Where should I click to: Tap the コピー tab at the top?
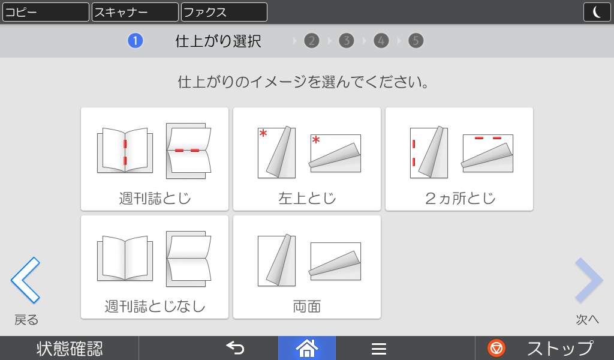pos(46,12)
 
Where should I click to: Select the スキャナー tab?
pos(135,12)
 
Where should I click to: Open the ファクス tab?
pos(224,12)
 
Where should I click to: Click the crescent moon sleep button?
pos(597,12)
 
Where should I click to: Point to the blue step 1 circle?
pos(135,41)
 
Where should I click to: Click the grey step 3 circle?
pos(347,41)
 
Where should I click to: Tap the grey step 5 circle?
pos(416,41)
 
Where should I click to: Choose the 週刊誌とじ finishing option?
pos(155,159)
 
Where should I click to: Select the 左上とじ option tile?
pos(307,159)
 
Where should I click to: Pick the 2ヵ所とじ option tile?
pos(459,159)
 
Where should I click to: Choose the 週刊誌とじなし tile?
pos(155,267)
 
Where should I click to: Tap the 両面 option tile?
pos(307,267)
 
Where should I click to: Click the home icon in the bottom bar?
pos(307,348)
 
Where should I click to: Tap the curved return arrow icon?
pos(235,348)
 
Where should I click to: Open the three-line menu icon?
pos(379,349)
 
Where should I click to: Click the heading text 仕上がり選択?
pos(218,41)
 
